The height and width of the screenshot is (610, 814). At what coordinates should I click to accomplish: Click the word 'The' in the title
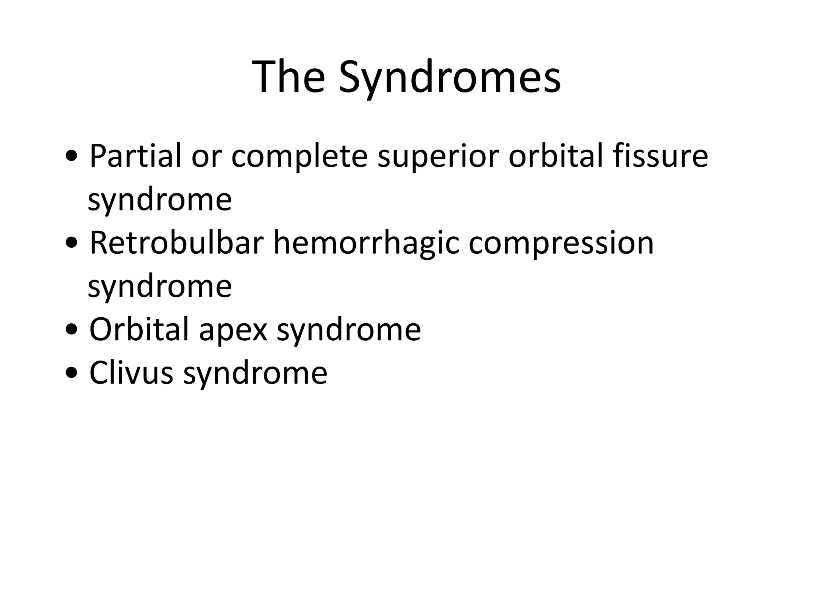[x=288, y=76]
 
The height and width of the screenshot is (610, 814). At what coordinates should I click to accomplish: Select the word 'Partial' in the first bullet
[x=136, y=156]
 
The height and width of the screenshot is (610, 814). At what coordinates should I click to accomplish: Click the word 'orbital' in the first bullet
[x=555, y=156]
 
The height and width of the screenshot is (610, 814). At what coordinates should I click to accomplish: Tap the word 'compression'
[x=561, y=243]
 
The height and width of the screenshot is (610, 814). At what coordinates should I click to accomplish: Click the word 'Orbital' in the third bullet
[x=139, y=330]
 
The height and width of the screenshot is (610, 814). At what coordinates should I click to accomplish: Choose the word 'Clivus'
[x=131, y=373]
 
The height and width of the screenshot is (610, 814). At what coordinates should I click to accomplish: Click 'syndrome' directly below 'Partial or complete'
[x=159, y=201]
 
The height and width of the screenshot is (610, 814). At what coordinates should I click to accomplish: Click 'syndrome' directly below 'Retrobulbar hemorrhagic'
[x=159, y=287]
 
